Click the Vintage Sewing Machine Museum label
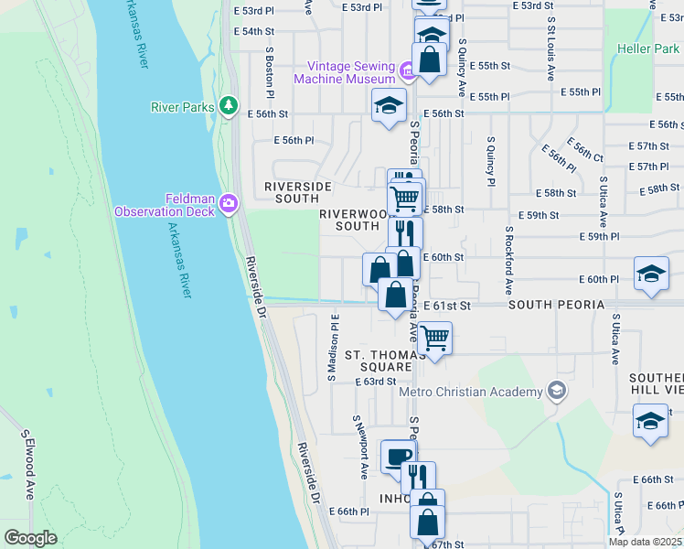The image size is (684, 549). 345,72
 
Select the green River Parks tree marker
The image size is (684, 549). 229,106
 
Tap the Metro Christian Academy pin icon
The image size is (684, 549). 557,393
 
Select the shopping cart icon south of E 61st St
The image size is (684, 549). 434,339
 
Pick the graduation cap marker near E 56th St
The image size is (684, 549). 389,104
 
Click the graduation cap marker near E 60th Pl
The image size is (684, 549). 651,274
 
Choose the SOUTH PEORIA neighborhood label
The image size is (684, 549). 556,304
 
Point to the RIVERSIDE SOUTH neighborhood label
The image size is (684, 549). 297,192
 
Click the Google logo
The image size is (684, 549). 30,538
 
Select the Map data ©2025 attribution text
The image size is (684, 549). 645,542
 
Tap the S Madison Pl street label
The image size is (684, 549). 333,347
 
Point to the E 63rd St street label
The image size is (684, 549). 375,382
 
